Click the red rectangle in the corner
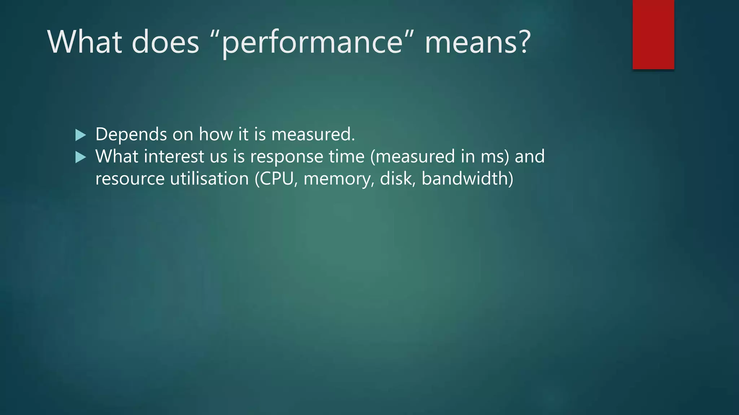coord(653,35)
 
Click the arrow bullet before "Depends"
coord(80,135)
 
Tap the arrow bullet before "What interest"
coord(80,157)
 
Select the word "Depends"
coord(131,135)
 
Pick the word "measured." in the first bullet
coord(313,134)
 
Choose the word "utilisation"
coord(209,179)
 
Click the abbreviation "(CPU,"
coord(276,179)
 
